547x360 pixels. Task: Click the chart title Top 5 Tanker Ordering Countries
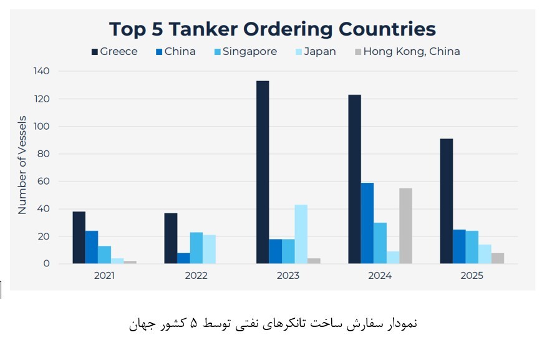[x=273, y=29]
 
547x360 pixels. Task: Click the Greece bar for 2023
[x=263, y=172]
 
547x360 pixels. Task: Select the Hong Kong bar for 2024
[x=405, y=226]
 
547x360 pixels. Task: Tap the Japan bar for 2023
[x=301, y=234]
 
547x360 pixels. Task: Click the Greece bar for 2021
[x=79, y=238]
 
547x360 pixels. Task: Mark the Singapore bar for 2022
[x=196, y=248]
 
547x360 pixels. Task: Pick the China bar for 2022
[x=183, y=258]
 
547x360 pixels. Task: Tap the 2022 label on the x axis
[x=196, y=275]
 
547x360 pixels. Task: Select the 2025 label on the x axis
[x=472, y=275]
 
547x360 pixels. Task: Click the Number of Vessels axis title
[x=22, y=165]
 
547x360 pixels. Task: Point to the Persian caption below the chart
[x=273, y=324]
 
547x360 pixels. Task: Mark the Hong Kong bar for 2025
[x=497, y=258]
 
